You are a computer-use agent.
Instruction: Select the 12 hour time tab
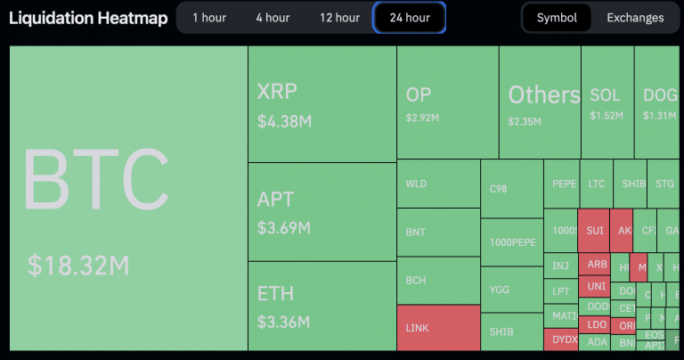[x=340, y=18]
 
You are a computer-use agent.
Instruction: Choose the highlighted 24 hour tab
[x=410, y=18]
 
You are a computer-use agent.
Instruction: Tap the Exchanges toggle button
[x=635, y=18]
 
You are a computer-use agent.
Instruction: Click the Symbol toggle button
[x=557, y=18]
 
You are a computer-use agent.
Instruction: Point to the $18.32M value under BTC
[x=79, y=265]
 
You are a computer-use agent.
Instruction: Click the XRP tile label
[x=277, y=92]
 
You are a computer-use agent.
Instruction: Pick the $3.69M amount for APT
[x=283, y=228]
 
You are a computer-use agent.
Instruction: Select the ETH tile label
[x=275, y=294]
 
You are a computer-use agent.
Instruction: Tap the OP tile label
[x=419, y=94]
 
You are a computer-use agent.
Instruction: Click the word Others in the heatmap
[x=544, y=94]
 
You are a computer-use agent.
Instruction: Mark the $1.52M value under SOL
[x=607, y=116]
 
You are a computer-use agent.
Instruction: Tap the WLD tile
[x=437, y=184]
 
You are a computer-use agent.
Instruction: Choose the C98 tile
[x=511, y=189]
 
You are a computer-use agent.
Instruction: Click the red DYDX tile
[x=565, y=340]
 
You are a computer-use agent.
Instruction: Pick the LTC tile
[x=597, y=184]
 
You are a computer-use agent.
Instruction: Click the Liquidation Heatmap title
[x=88, y=18]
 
